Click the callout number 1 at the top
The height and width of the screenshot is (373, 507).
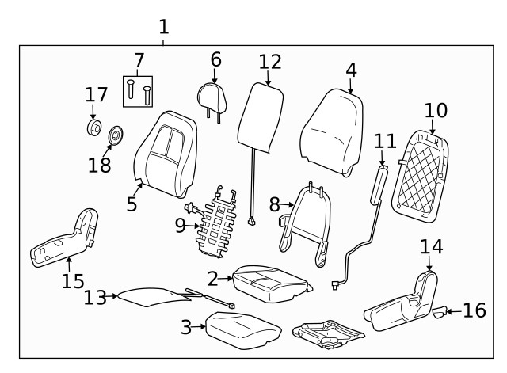(163, 26)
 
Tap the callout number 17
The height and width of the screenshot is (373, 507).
(96, 94)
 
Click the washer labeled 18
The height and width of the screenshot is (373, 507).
(116, 135)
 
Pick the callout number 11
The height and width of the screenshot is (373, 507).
(385, 141)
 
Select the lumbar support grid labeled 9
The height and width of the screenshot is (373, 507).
(217, 223)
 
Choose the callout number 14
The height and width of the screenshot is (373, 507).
(431, 246)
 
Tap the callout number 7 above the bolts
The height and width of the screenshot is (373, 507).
(139, 60)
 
